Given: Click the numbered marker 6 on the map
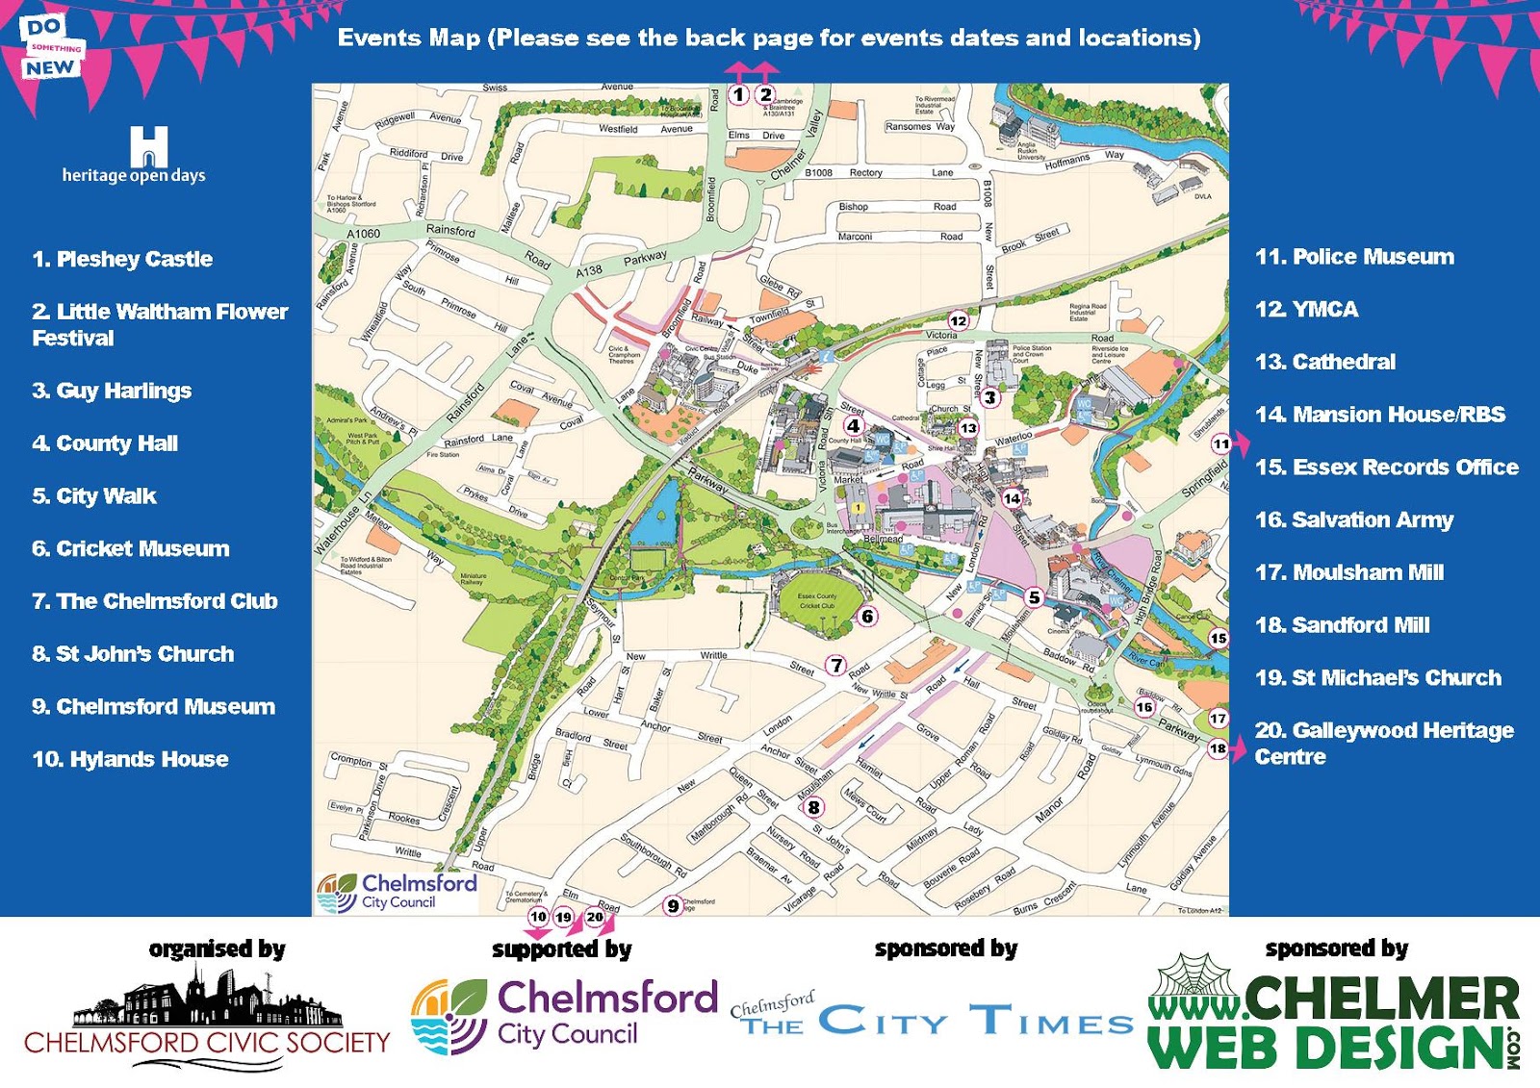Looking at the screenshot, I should coord(867,616).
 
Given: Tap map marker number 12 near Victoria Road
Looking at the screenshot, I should coord(958,320).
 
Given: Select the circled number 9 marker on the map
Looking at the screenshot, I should coord(673,905).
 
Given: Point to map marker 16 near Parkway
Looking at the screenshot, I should coord(1143,707).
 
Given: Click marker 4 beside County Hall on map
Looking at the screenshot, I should coord(853,425).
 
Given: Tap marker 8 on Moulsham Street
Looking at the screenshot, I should coord(813,807).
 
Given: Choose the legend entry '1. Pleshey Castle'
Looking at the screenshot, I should coord(122,259).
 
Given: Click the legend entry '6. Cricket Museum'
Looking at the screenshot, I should coord(131,548).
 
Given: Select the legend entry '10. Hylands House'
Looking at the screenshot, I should coord(130,759).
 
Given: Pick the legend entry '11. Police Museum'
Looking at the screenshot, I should coord(1354,257).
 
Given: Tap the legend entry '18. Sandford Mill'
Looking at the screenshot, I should coord(1342,625).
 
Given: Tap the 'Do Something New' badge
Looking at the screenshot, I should coord(51,48).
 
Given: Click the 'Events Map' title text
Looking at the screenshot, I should coord(768,38).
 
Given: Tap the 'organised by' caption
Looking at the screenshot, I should coord(217,949).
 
